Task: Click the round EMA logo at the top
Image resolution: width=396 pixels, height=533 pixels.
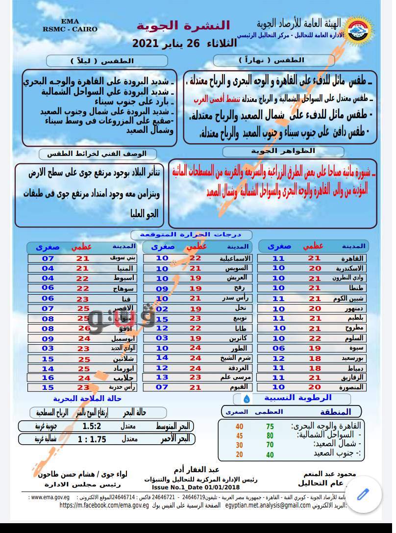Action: point(360,29)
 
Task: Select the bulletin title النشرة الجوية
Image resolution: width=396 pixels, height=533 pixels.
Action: point(183,25)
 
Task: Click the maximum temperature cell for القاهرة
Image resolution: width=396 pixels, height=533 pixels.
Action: point(314,258)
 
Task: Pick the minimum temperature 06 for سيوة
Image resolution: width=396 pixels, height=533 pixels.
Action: point(279,349)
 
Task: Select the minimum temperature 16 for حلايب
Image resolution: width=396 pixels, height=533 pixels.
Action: point(48,378)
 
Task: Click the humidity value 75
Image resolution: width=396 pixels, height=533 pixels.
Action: point(270,427)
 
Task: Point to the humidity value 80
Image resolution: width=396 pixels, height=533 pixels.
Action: point(270,435)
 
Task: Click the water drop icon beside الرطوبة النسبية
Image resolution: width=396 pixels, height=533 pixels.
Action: point(247,399)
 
